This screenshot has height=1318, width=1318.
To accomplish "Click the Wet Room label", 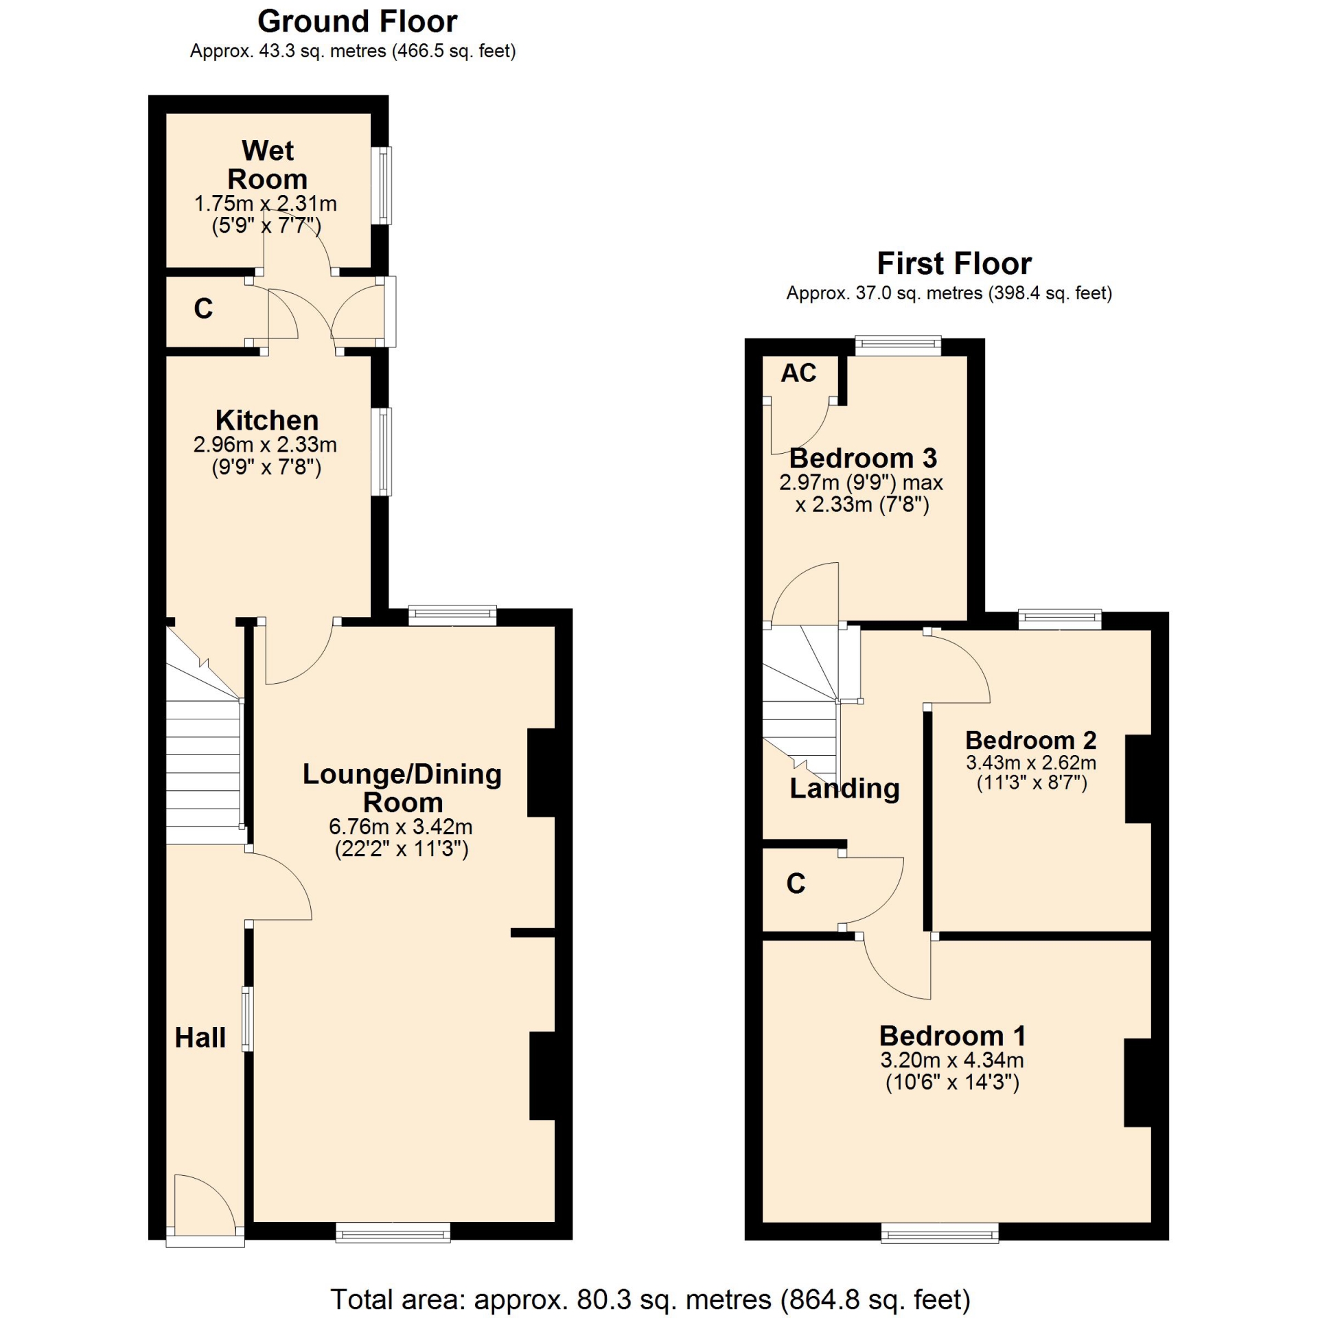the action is pos(267,165).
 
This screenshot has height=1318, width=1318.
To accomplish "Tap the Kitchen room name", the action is pos(267,420).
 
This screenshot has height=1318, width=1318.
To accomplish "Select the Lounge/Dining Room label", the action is pos(402,788).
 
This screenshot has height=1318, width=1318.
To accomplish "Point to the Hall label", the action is pos(200,1037).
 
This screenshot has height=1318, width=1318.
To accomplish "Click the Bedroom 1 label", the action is pos(953,1035).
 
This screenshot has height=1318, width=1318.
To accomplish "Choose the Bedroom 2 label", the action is pos(1030,740).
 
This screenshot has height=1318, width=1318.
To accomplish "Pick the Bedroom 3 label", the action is pos(863,458).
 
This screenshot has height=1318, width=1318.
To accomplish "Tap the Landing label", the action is pos(844,789).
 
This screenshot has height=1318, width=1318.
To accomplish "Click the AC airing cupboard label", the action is pos(798,373).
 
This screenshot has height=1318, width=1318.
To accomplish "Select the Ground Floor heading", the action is pos(357,22).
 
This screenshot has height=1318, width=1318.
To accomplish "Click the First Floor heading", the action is pos(954,264).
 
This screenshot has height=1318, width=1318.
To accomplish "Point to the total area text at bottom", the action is pos(650,1299).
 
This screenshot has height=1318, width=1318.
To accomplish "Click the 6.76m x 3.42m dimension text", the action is pos(401,827).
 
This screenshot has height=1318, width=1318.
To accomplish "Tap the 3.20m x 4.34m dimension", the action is pos(952,1060).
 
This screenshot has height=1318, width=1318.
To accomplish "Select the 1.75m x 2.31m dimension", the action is pos(266,204).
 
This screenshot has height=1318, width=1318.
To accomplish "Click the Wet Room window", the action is pos(382,185).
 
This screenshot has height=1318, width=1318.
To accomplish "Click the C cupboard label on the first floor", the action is pos(796,883).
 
